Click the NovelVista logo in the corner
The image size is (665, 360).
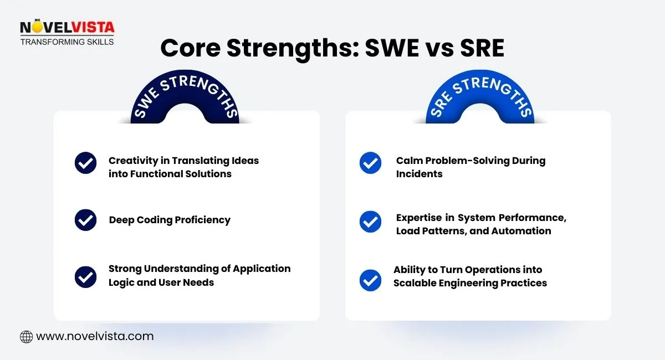(66, 28)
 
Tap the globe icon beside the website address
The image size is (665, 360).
(26, 336)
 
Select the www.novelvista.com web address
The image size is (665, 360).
(94, 336)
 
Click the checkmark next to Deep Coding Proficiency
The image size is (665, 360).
(85, 220)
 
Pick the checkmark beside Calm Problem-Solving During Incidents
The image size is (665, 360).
(370, 163)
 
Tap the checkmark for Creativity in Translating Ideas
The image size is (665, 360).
(85, 163)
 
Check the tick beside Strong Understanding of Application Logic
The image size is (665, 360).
(85, 277)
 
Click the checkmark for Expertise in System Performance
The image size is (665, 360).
(370, 222)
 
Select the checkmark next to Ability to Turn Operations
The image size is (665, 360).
(370, 280)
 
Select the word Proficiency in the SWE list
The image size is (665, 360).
(202, 220)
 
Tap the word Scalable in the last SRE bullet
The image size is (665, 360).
(417, 283)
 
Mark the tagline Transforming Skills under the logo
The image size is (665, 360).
(66, 42)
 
